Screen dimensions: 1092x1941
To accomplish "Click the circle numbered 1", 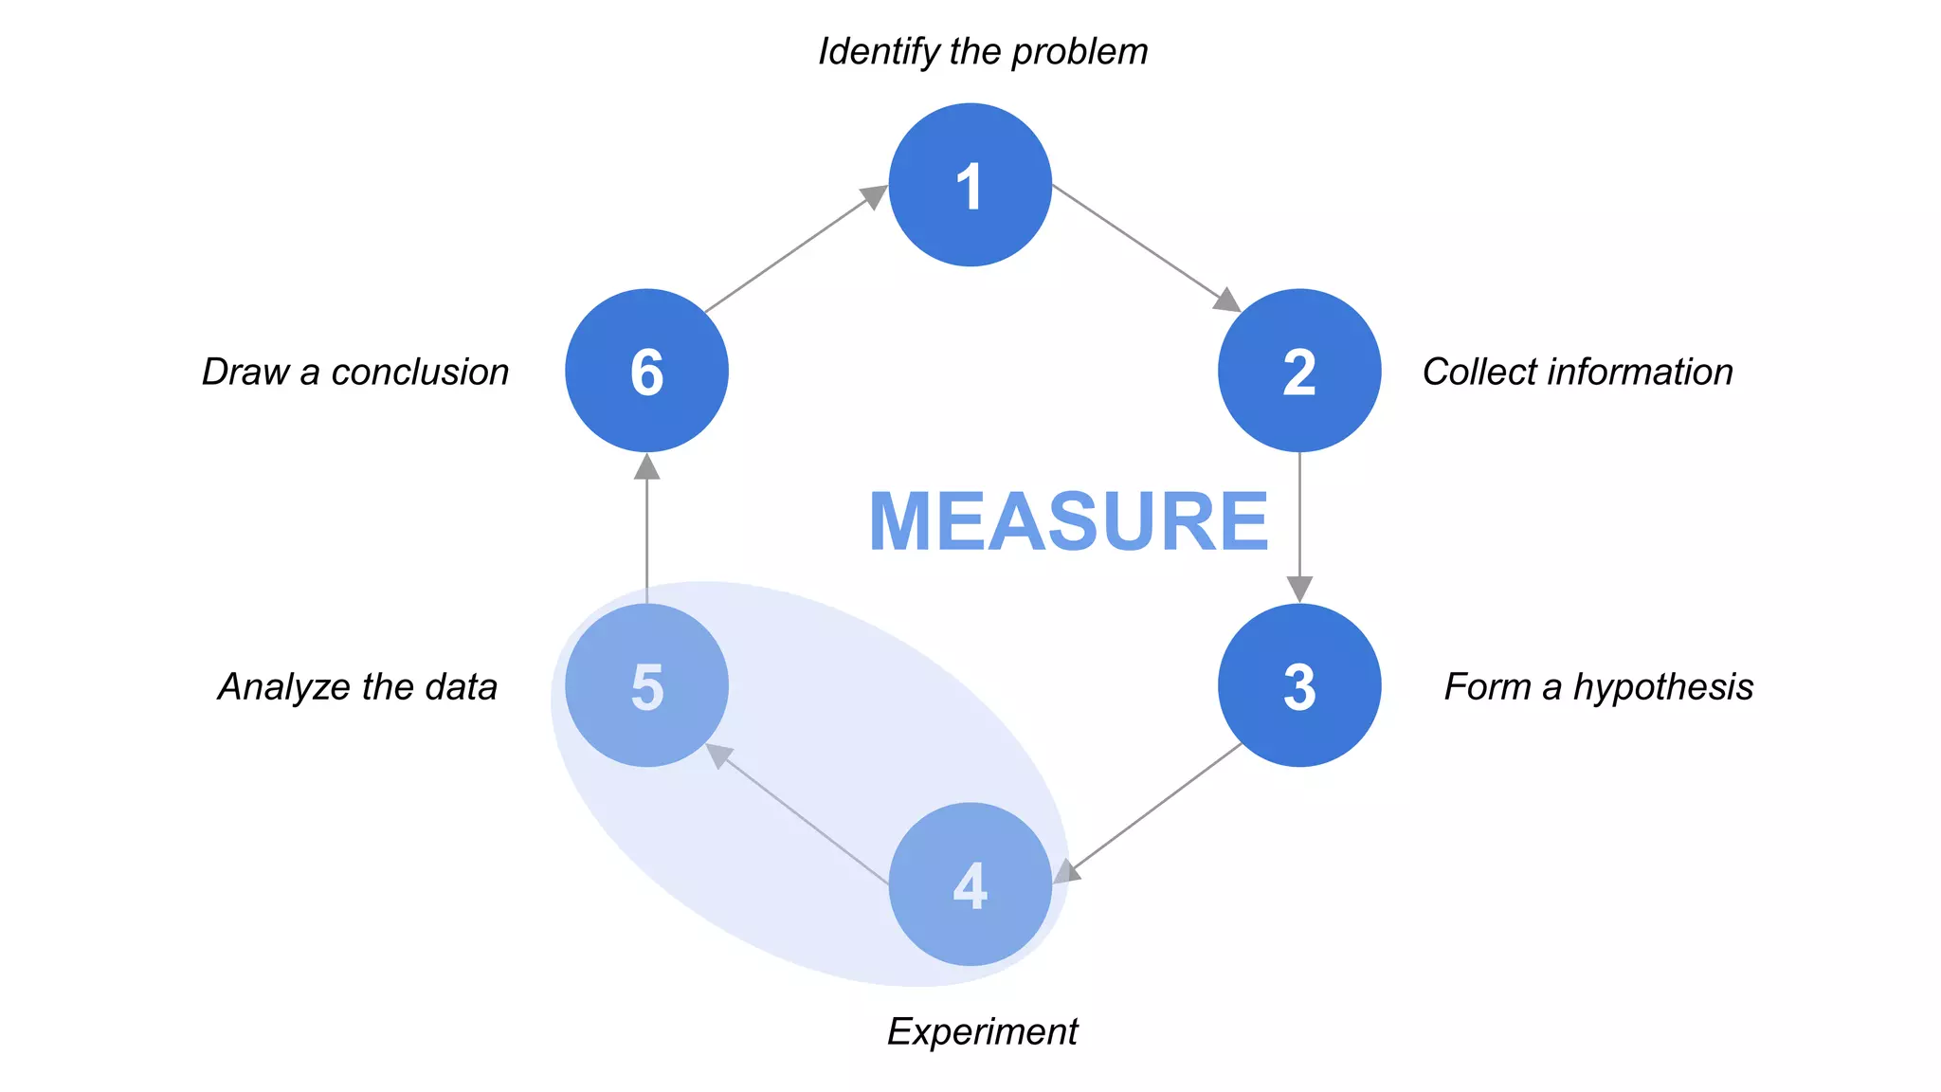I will point(970,185).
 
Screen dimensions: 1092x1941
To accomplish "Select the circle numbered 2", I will point(1298,371).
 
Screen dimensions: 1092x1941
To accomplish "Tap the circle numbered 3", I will point(1298,685).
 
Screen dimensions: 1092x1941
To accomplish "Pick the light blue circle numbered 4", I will point(970,884).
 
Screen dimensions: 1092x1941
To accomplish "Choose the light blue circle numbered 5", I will point(646,685).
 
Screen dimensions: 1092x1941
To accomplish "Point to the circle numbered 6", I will point(646,371).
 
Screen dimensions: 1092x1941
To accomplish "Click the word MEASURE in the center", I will point(1068,521).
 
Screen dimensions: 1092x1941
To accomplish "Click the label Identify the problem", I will point(983,52).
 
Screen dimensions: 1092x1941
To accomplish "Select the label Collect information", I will point(1577,372).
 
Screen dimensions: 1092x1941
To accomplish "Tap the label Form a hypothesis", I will point(1598,687).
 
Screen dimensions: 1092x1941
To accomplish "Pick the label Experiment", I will point(982,1031).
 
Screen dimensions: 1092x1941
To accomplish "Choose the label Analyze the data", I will point(357,687).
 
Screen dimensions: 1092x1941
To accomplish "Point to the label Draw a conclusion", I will point(355,372).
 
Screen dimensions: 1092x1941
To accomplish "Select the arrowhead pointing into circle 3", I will point(1299,589).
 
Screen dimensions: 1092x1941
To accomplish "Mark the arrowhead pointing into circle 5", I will point(719,755).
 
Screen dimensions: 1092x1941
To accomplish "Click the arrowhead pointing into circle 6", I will point(646,466).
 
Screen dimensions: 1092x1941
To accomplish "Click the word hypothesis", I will point(1663,687).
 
